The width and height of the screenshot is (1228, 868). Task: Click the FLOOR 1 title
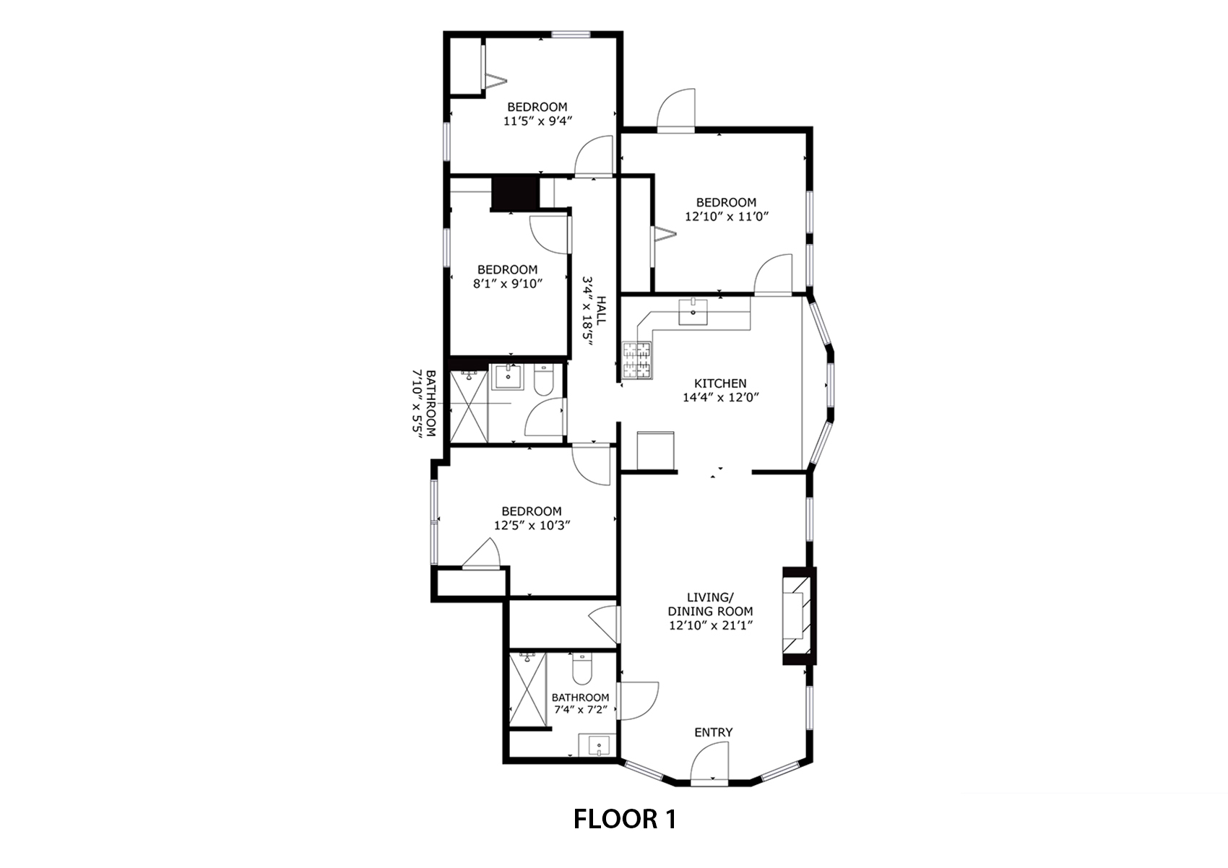point(624,819)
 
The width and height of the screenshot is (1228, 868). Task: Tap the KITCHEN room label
point(720,383)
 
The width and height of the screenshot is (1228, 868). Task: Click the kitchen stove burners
point(637,360)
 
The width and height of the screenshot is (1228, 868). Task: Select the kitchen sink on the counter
point(693,312)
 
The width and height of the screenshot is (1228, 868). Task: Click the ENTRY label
point(714,732)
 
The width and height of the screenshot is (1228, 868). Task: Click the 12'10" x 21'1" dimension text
point(711,625)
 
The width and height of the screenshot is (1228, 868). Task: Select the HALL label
point(602,311)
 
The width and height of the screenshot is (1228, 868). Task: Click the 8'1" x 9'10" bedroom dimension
point(508,283)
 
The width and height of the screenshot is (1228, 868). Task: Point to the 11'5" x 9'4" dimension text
point(538,121)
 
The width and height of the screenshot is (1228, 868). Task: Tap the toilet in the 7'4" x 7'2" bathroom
point(581,669)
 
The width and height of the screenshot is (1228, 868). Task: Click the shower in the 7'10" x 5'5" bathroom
point(469,406)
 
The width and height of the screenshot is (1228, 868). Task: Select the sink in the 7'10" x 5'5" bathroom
point(508,376)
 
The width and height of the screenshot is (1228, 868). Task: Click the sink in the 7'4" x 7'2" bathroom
point(598,746)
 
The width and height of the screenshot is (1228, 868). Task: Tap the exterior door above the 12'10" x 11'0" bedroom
point(677,110)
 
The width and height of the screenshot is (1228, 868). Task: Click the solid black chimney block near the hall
point(515,194)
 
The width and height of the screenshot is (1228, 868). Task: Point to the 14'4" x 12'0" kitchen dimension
point(720,397)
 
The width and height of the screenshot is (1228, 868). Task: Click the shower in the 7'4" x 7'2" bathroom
point(528,689)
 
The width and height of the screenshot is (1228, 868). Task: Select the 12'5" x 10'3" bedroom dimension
point(532,526)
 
